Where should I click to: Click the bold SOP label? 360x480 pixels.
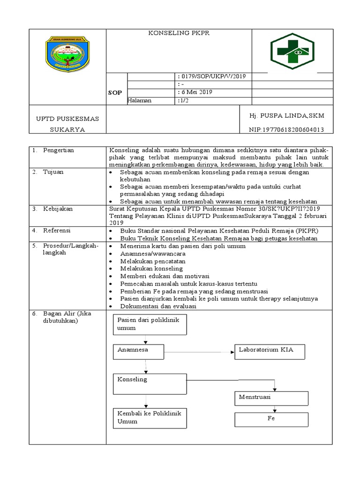tap(115, 93)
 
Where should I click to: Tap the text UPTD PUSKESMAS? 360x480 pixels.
tap(67, 119)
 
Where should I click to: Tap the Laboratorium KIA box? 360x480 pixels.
tap(270, 351)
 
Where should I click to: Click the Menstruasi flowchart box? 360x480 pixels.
tap(271, 397)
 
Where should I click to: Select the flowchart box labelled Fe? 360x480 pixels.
tap(271, 419)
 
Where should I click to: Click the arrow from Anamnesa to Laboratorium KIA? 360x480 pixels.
tap(199, 351)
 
